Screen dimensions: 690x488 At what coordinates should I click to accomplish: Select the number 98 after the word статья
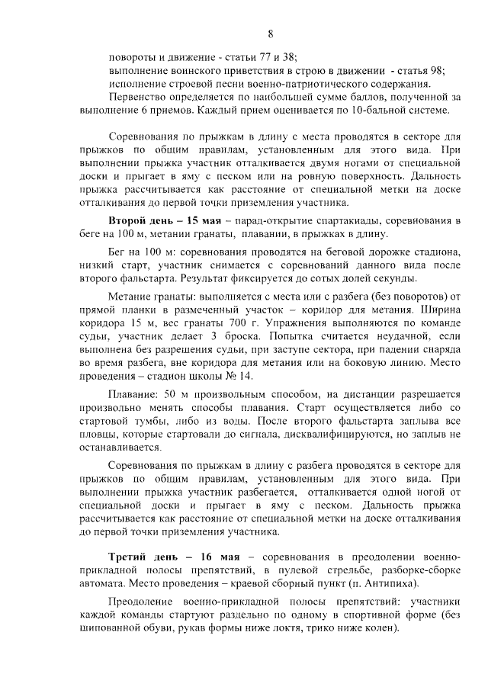pyautogui.click(x=435, y=70)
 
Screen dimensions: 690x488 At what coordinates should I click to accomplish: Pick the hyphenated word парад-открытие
pyautogui.click(x=274, y=220)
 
